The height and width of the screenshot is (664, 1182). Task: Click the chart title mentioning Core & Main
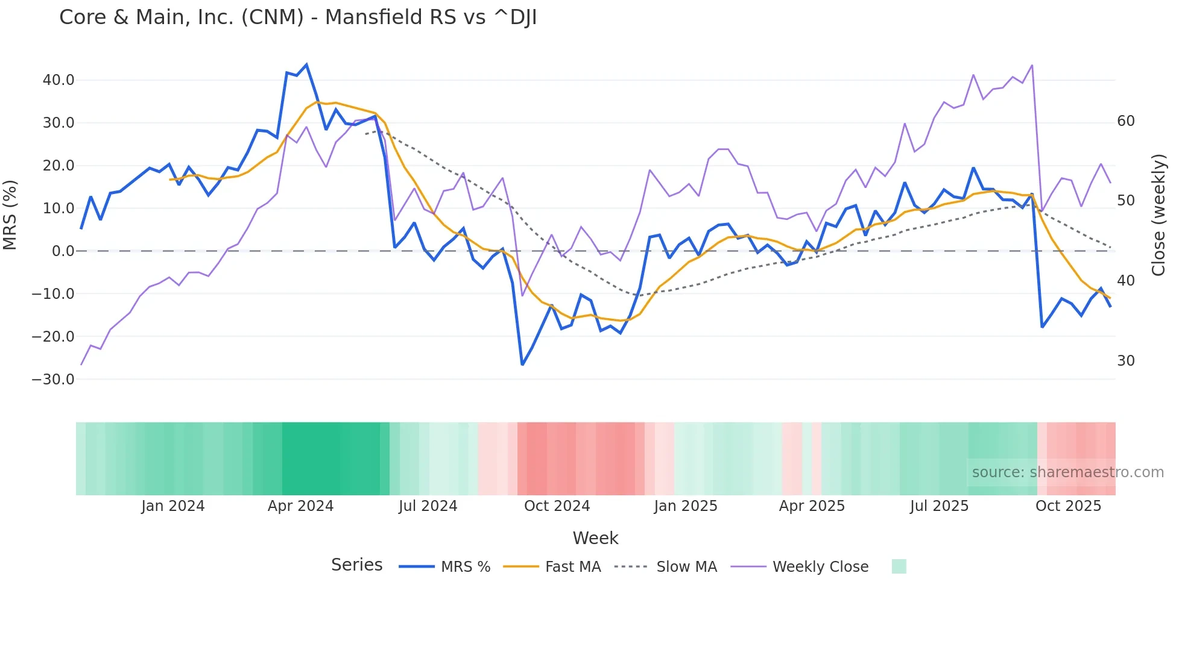click(x=298, y=17)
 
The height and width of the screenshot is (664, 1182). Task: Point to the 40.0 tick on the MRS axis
click(x=58, y=80)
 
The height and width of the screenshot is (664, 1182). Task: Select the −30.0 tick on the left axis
click(x=53, y=380)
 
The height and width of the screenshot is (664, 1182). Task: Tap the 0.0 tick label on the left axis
click(x=63, y=251)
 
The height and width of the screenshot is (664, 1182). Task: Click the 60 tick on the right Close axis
click(x=1125, y=121)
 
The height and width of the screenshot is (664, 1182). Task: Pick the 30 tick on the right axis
click(x=1125, y=361)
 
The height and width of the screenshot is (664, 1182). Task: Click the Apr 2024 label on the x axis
click(x=300, y=506)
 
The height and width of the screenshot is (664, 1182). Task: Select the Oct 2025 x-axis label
click(x=1068, y=506)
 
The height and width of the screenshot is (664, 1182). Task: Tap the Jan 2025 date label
click(x=685, y=506)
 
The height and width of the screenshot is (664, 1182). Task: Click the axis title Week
click(x=595, y=538)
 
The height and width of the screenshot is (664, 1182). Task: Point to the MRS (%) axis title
click(x=10, y=215)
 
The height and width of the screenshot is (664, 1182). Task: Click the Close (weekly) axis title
click(x=1158, y=215)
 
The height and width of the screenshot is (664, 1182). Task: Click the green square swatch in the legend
click(x=899, y=567)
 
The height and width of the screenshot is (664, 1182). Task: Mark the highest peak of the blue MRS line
click(x=306, y=64)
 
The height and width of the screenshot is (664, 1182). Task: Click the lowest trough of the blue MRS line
click(x=522, y=365)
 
